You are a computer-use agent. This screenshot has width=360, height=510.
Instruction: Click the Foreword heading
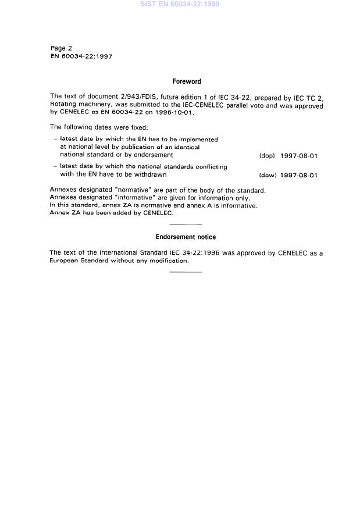coord(186,82)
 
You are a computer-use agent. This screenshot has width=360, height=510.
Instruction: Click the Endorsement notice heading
coord(186,237)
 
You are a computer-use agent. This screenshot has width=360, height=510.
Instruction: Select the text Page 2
coord(61,48)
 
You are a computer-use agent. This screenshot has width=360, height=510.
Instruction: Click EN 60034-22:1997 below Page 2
coord(81,56)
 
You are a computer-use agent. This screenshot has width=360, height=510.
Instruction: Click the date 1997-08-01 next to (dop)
coord(298,156)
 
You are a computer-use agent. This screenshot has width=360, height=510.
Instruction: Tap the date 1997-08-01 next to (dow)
coord(298,175)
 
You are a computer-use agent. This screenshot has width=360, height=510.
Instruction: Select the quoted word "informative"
coord(130,198)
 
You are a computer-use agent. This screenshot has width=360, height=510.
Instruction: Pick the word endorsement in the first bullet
coord(154,155)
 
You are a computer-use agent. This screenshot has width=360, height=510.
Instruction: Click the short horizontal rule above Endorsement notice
coord(186,224)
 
